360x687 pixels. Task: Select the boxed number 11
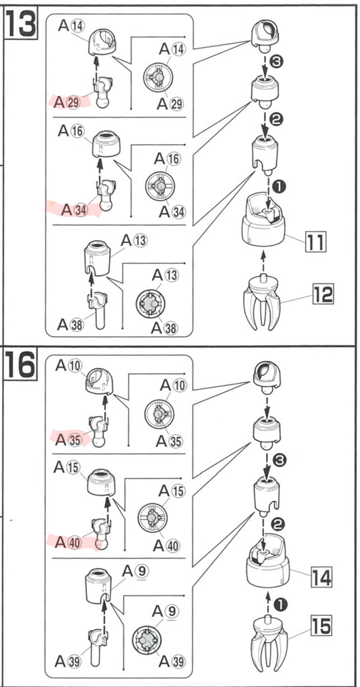(316, 242)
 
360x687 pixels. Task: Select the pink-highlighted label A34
(74, 210)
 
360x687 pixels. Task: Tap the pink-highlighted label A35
(69, 440)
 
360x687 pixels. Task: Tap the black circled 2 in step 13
(276, 119)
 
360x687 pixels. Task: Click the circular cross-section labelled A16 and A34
(160, 186)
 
